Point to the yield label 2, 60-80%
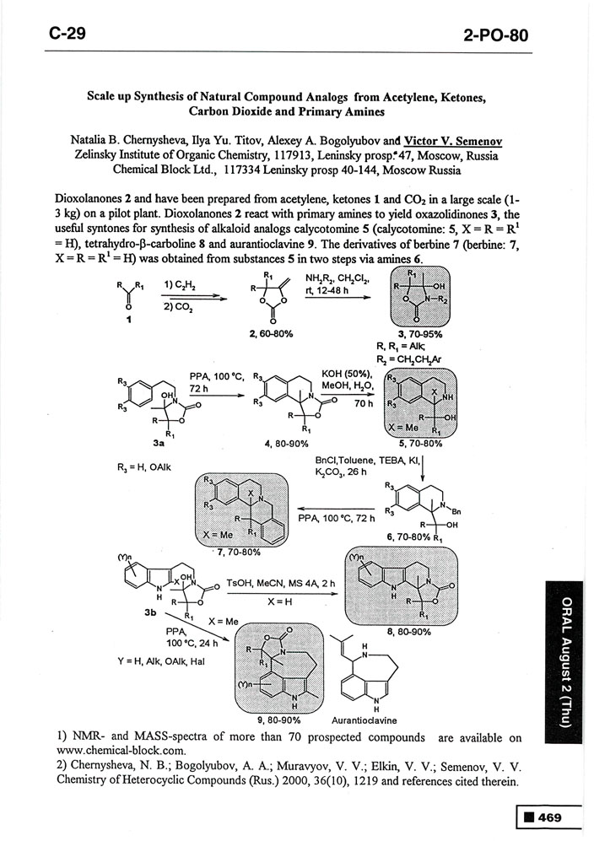coord(271,334)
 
